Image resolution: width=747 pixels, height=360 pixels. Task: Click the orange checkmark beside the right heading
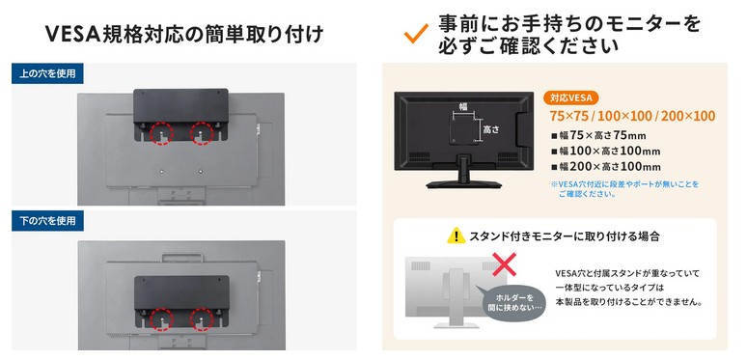pyautogui.click(x=415, y=35)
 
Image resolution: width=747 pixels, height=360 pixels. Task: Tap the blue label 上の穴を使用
pyautogui.click(x=47, y=73)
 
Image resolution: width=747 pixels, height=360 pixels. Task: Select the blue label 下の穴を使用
pyautogui.click(x=47, y=221)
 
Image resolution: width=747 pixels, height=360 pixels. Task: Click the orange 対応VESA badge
pyautogui.click(x=570, y=98)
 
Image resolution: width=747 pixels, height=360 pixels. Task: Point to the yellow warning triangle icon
pyautogui.click(x=456, y=235)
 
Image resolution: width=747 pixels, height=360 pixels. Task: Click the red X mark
pyautogui.click(x=505, y=264)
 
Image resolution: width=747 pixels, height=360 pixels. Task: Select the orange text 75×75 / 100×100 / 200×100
pyautogui.click(x=632, y=116)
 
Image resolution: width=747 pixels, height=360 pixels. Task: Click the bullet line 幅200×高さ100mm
pyautogui.click(x=605, y=167)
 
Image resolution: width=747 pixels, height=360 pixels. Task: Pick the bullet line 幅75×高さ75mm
pyautogui.click(x=598, y=136)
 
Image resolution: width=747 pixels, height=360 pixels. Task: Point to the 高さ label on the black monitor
pyautogui.click(x=490, y=129)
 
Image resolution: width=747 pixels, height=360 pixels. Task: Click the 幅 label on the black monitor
pyautogui.click(x=463, y=106)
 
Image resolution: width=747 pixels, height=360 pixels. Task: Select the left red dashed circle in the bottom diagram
pyautogui.click(x=161, y=319)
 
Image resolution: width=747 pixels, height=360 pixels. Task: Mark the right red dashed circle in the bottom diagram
pyautogui.click(x=202, y=319)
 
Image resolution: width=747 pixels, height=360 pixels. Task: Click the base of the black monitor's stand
pyautogui.click(x=464, y=184)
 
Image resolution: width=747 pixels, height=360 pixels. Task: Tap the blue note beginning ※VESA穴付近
pyautogui.click(x=624, y=188)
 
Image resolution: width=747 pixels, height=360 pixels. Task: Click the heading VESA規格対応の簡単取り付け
pyautogui.click(x=184, y=35)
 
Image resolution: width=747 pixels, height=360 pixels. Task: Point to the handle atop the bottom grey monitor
pyautogui.click(x=182, y=258)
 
